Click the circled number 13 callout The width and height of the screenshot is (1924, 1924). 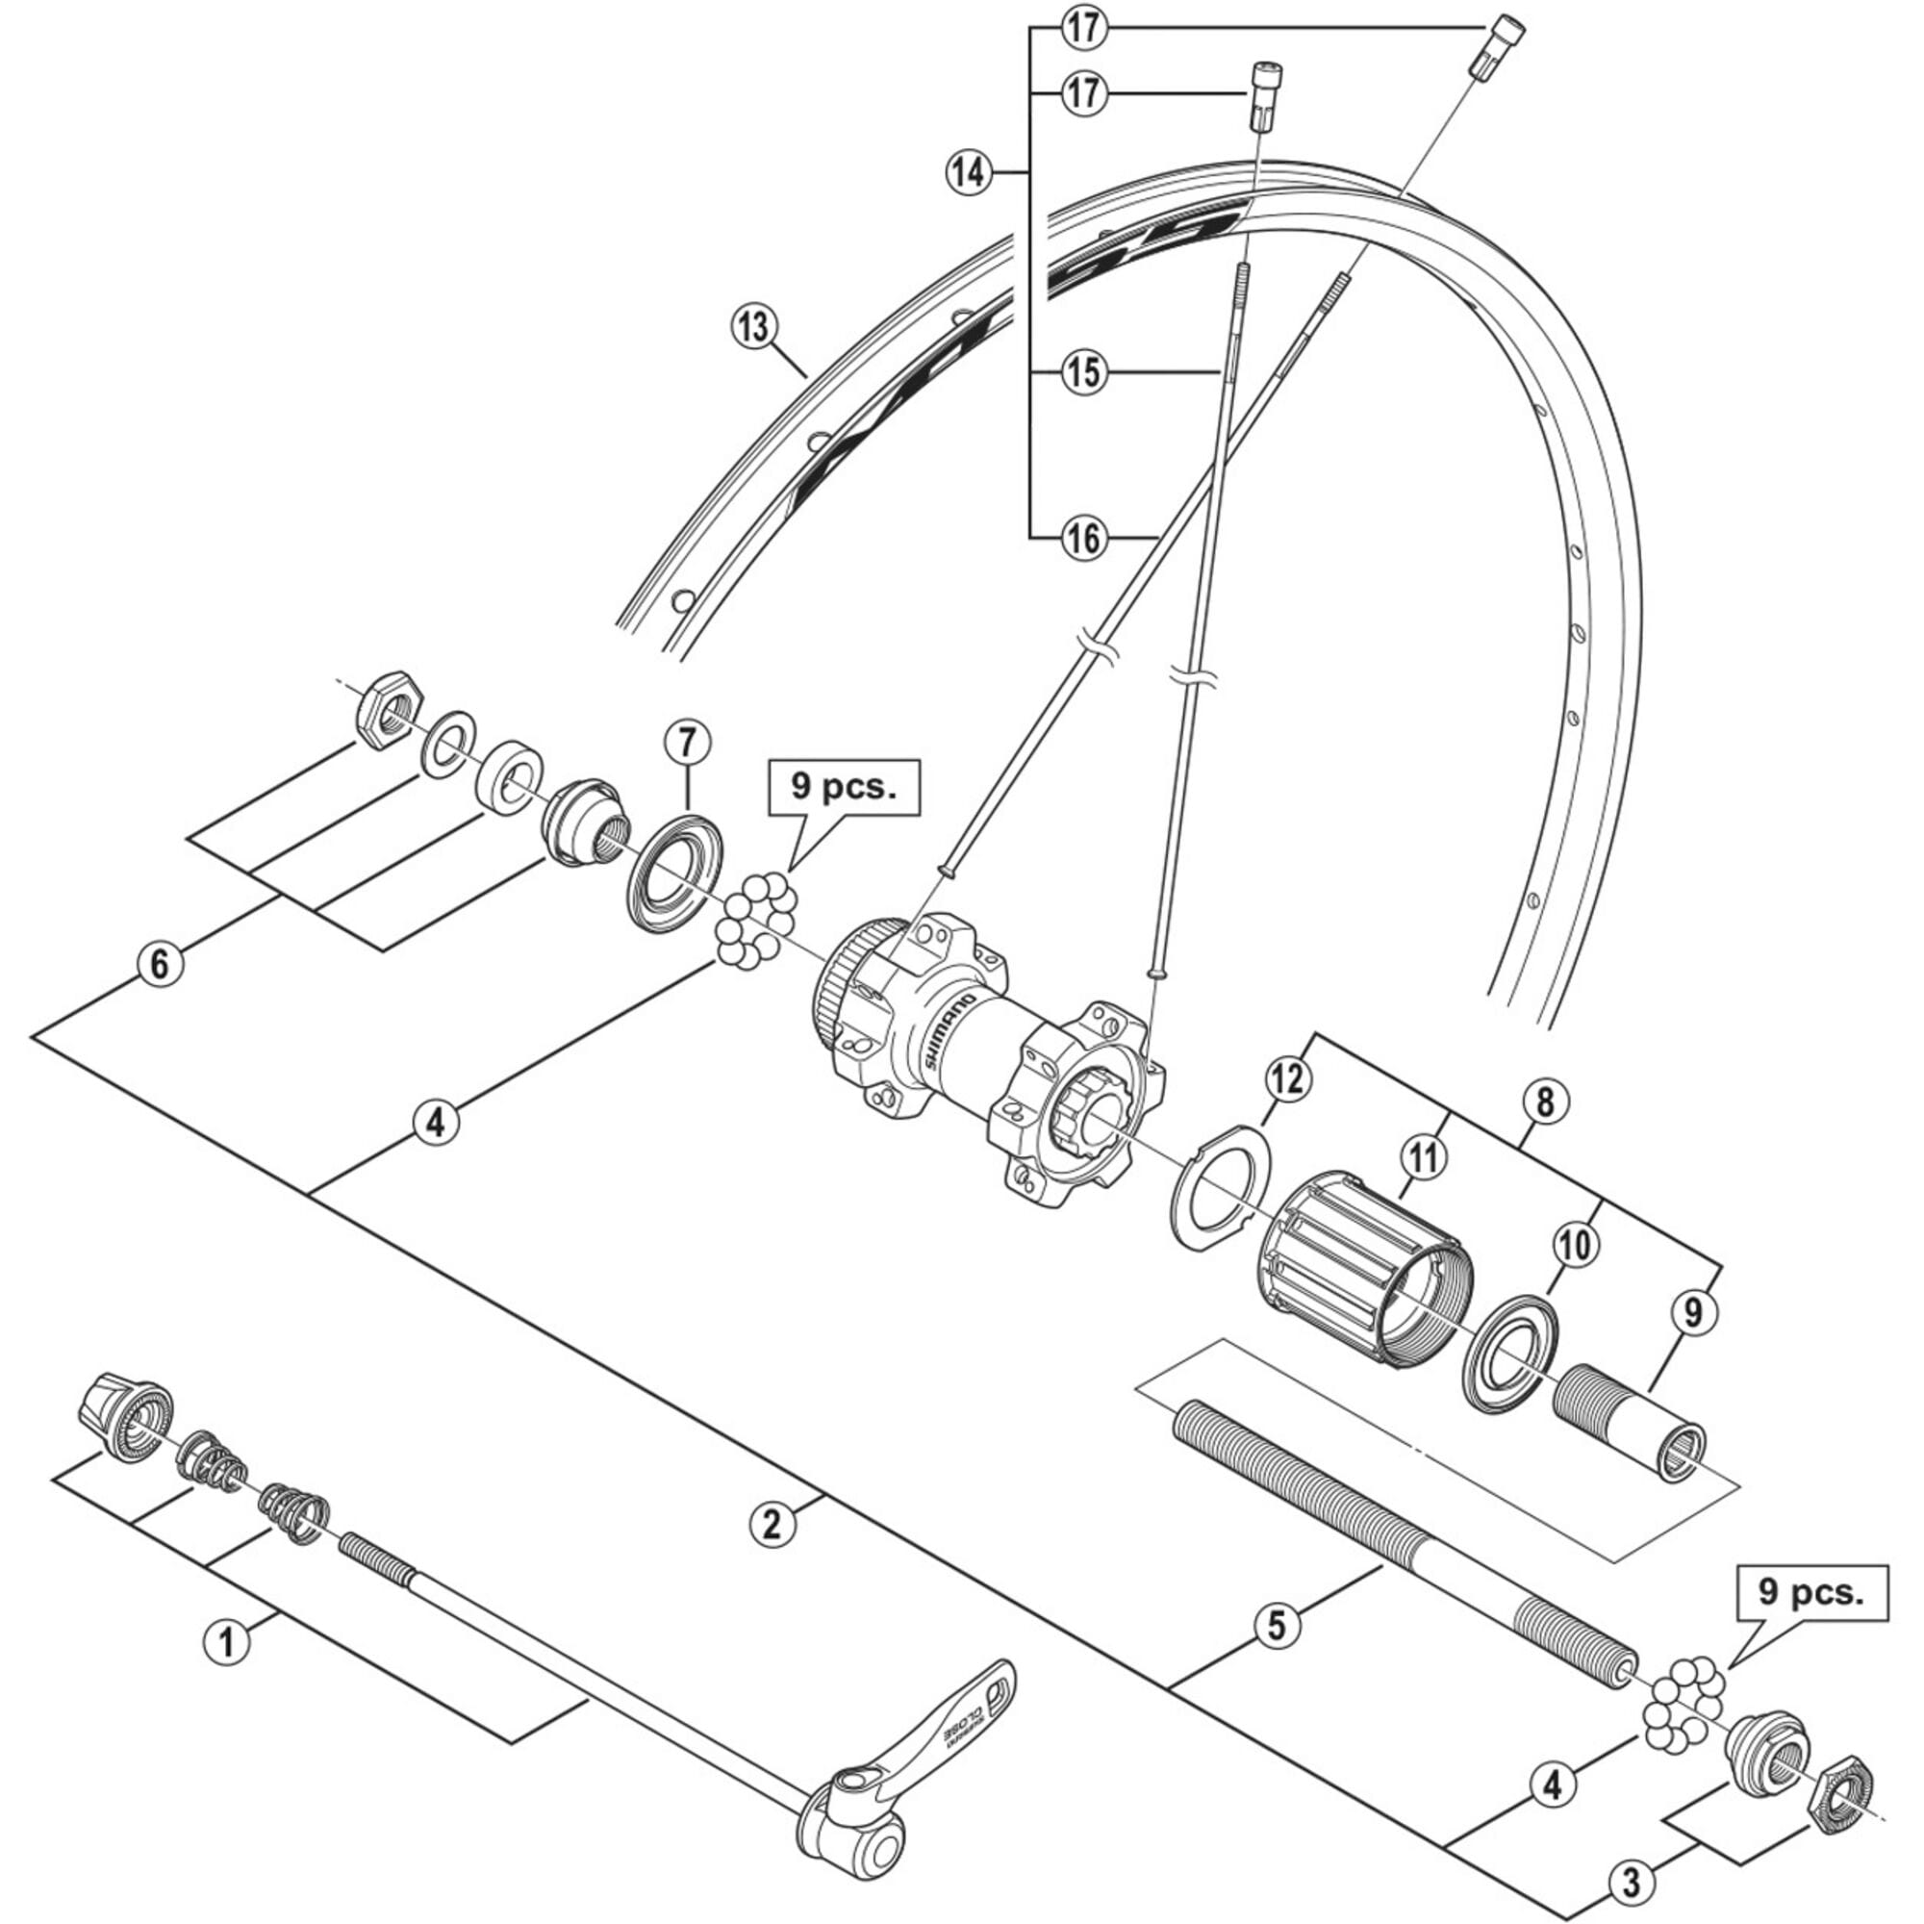coord(755,326)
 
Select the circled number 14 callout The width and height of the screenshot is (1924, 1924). coord(968,173)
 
